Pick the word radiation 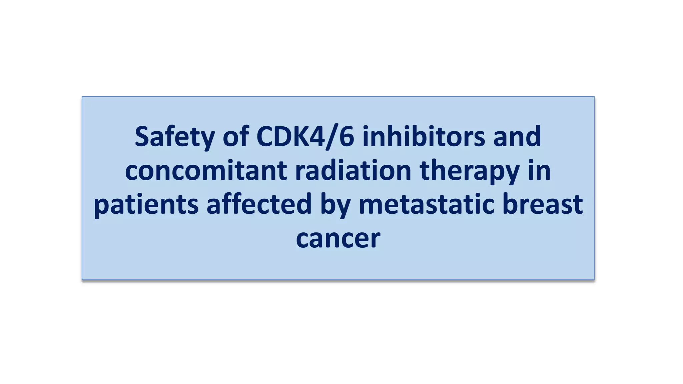tap(353, 170)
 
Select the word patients tap(146, 204)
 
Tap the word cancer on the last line tap(338, 238)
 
